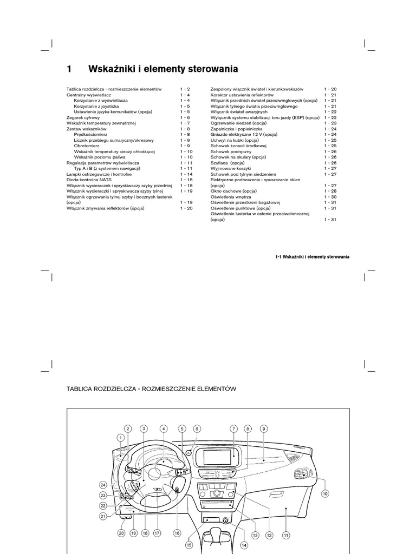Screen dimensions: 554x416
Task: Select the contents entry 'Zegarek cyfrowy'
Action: [83, 117]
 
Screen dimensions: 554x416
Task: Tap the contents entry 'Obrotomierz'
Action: [88, 146]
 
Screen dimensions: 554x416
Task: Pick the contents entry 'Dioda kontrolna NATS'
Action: [89, 180]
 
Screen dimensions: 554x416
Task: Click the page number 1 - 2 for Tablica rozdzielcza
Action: [186, 89]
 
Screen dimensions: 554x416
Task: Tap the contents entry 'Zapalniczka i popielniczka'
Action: [236, 129]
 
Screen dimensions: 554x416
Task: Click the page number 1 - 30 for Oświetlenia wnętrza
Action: [330, 197]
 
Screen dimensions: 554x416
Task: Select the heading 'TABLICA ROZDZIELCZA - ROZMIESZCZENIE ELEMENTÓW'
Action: [152, 388]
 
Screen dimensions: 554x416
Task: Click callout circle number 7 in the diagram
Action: [234, 428]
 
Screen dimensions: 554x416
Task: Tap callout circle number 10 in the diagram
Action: [325, 493]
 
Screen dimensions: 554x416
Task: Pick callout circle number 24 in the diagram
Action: [103, 485]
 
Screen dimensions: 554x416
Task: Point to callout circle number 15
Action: [189, 545]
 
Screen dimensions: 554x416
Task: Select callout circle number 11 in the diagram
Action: [285, 535]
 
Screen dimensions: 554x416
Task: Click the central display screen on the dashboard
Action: [219, 457]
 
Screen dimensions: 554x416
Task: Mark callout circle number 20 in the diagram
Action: [121, 533]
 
